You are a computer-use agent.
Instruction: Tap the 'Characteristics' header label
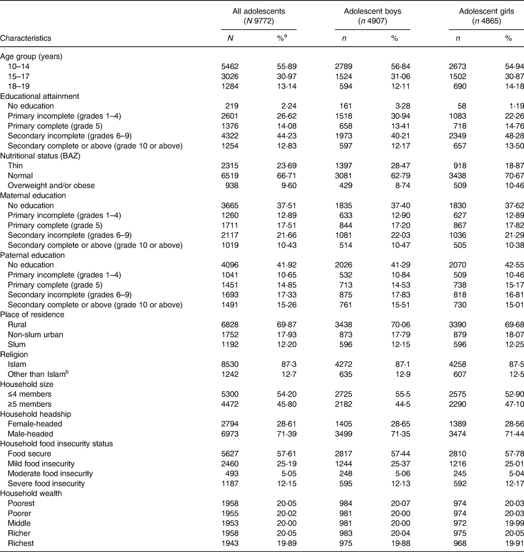tap(26, 38)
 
